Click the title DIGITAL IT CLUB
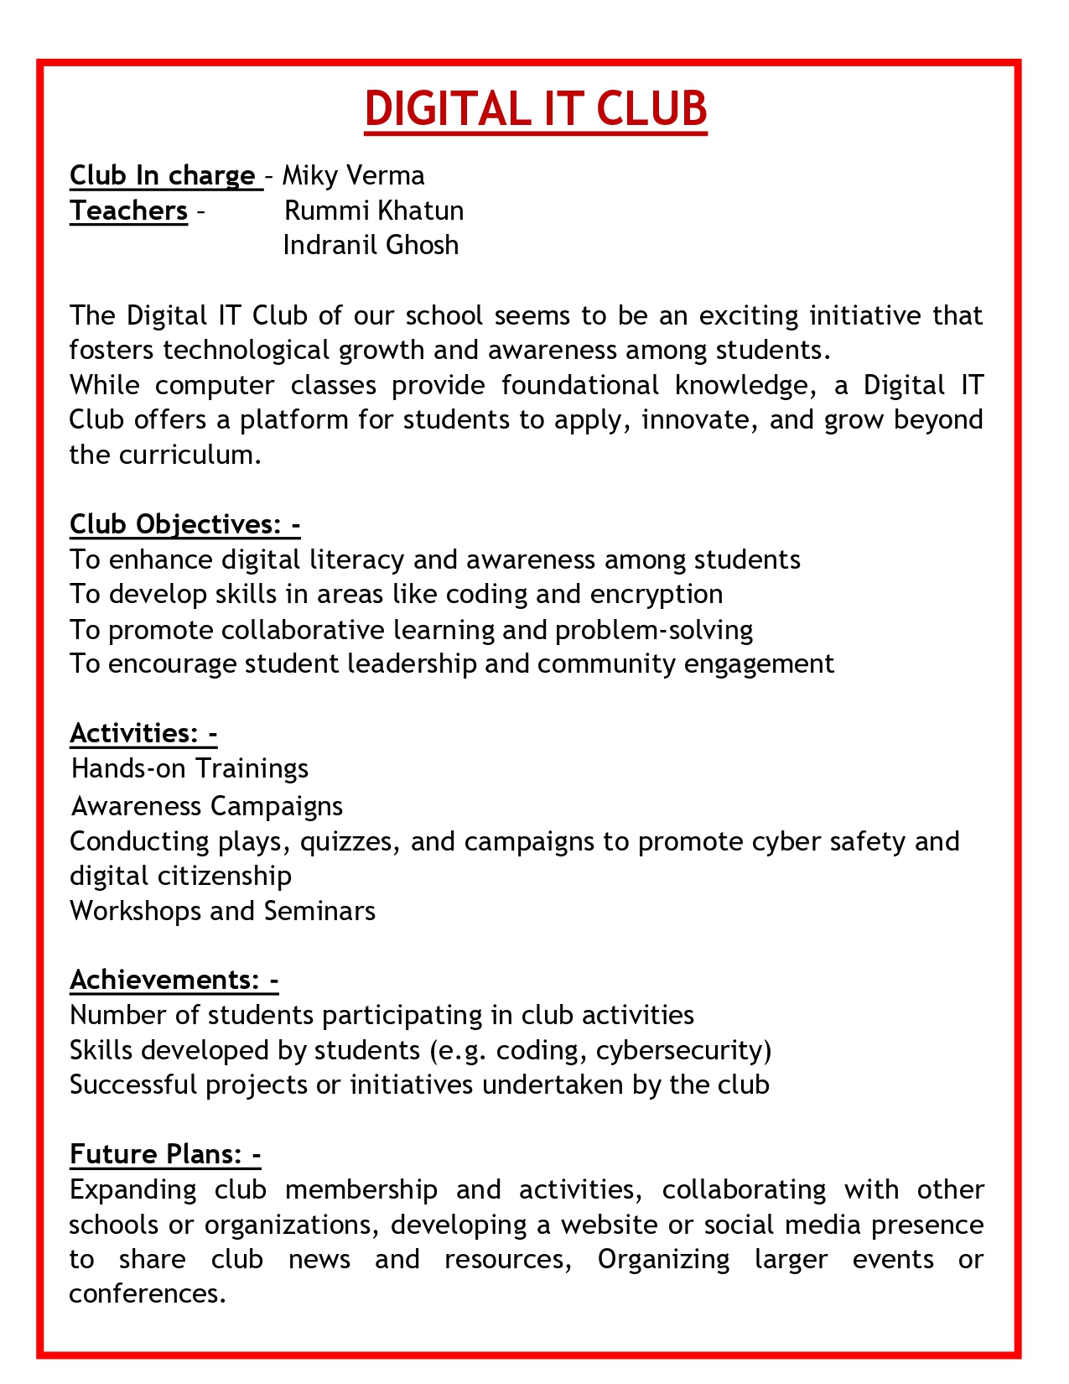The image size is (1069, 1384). tap(536, 109)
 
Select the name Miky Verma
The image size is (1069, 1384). tap(353, 175)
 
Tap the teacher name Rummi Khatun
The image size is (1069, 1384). tap(374, 211)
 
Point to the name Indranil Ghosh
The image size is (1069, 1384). tap(371, 245)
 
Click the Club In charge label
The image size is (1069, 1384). tap(163, 175)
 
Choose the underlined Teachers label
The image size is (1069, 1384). tap(129, 211)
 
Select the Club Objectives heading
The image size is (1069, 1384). tap(185, 524)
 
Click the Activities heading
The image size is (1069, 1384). tap(143, 733)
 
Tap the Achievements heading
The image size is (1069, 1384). tap(174, 980)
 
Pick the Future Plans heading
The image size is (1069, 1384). tap(165, 1155)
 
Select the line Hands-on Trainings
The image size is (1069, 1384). tap(190, 768)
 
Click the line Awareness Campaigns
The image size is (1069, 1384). tap(207, 806)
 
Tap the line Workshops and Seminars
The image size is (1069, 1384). tap(222, 910)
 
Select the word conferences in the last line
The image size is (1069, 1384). tap(148, 1293)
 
